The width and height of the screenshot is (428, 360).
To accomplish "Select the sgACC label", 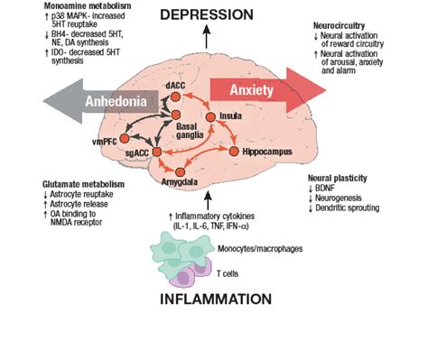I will (137, 155).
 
